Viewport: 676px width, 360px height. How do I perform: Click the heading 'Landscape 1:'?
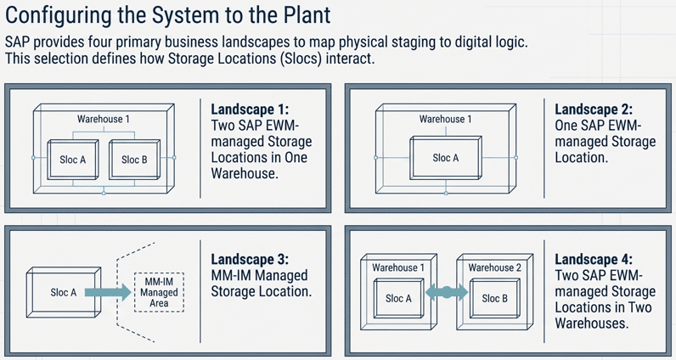tap(249, 110)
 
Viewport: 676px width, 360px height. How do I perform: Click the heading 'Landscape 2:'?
tap(594, 110)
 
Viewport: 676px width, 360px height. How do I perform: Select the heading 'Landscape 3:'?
tap(249, 260)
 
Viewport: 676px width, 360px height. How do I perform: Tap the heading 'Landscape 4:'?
tap(594, 260)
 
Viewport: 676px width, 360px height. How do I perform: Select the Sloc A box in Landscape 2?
tap(446, 158)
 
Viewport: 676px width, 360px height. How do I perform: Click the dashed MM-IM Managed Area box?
tap(159, 292)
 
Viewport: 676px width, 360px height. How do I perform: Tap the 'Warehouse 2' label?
tap(493, 267)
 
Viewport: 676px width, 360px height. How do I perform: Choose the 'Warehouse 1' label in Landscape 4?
tap(397, 267)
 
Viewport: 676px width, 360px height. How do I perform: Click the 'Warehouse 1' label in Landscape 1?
tap(104, 120)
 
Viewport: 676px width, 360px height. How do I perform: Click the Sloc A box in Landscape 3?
tap(62, 293)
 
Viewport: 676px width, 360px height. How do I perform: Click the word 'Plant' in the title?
tap(303, 16)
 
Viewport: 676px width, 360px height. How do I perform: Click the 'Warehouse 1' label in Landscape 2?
tap(446, 120)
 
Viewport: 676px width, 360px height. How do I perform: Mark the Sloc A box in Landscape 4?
tap(398, 299)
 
